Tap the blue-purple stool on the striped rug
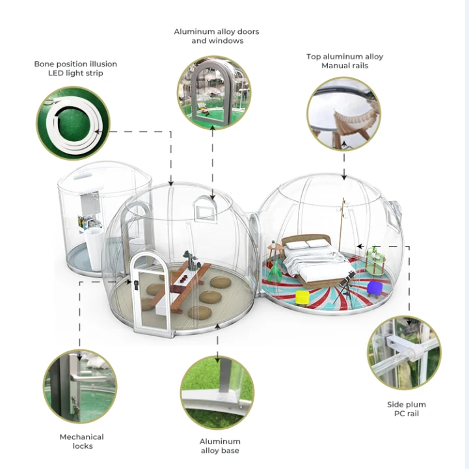(375, 289)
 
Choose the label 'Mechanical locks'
(82, 441)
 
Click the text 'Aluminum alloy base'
(220, 446)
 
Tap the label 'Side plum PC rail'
(407, 409)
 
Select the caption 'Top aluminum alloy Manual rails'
(345, 61)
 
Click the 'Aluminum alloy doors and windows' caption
(217, 36)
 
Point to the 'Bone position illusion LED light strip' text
(75, 68)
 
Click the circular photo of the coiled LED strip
(73, 123)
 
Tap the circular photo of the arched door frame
(214, 93)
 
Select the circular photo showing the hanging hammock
(344, 114)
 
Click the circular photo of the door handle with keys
(80, 386)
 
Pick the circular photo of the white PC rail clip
(404, 353)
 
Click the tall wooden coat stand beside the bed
(342, 224)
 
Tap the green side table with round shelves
(375, 261)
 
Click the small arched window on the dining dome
(205, 208)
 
